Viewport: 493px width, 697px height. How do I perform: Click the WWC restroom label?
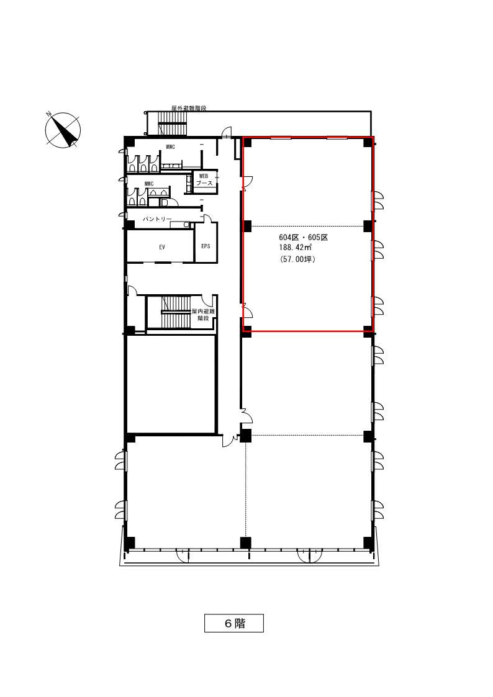coord(170,147)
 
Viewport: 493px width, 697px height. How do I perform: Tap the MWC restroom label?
coord(149,184)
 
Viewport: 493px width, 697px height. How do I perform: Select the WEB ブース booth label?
coord(204,179)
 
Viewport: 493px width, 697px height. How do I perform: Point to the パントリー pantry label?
coord(157,219)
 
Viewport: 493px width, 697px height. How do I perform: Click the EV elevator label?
coord(162,247)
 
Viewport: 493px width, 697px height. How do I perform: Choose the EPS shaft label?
coord(206,246)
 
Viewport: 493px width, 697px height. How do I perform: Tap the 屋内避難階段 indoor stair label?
coord(203,315)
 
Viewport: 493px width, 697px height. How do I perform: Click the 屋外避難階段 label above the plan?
coord(189,108)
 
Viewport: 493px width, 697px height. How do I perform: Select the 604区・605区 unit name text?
coord(304,237)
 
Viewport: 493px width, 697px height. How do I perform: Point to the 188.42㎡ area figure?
coord(295,248)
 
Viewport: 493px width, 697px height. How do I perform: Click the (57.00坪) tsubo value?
coord(297,259)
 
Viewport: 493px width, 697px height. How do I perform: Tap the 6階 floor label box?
coord(234,623)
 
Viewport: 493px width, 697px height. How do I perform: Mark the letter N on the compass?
coord(49,114)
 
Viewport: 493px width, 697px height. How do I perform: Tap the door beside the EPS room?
coord(208,218)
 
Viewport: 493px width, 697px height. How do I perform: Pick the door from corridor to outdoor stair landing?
coord(227,132)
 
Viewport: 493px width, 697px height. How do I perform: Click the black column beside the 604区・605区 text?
coord(247,226)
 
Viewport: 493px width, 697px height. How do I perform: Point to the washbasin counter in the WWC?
coord(171,166)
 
